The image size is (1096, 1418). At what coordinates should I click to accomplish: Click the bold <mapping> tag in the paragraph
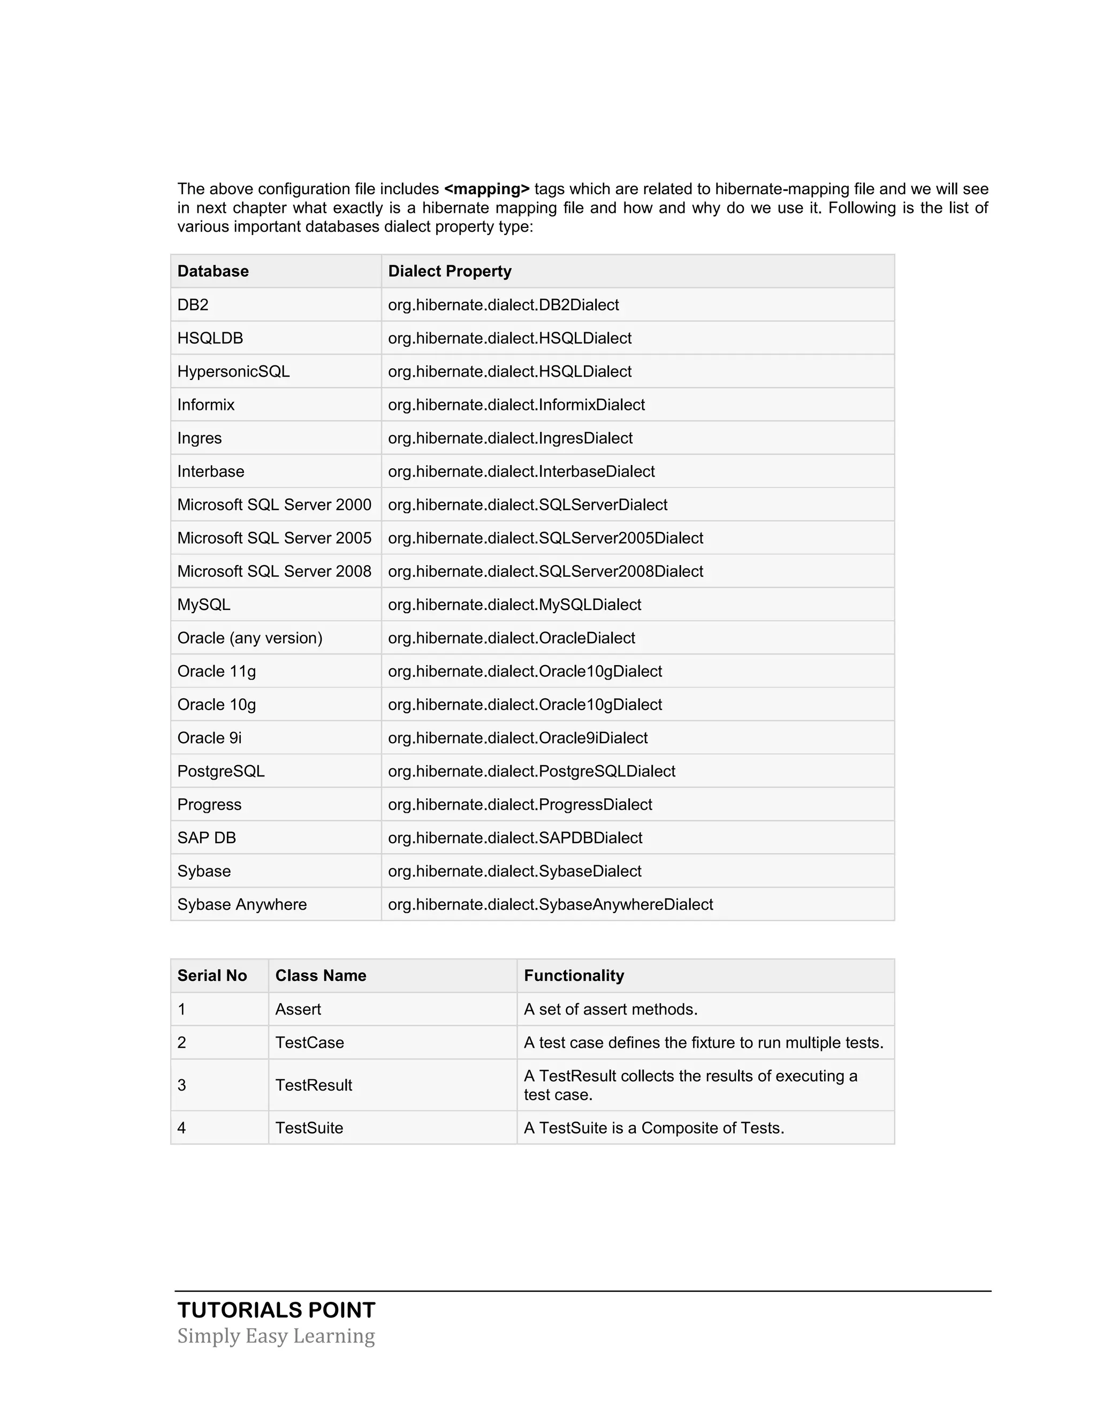coord(486,189)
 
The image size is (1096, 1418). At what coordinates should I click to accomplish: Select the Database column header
coord(213,271)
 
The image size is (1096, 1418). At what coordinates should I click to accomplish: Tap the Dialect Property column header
coord(450,271)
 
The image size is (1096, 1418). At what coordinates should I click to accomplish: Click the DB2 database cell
coord(193,304)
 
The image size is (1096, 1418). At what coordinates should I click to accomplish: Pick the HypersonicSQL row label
coord(233,371)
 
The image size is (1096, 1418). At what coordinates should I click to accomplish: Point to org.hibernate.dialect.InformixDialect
coord(516,405)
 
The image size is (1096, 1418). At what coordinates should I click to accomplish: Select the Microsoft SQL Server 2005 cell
coord(274,538)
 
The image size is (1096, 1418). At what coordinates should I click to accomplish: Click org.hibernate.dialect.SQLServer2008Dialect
coord(545,571)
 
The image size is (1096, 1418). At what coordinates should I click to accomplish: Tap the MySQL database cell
coord(204,605)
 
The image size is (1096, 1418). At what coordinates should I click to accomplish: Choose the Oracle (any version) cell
coord(250,638)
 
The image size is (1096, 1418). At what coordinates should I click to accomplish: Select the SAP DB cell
coord(207,837)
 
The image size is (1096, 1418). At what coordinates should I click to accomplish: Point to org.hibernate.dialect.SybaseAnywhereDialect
coord(550,904)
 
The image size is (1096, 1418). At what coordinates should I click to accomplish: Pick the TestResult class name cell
coord(314,1085)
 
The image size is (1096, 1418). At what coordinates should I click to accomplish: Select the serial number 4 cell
coord(182,1128)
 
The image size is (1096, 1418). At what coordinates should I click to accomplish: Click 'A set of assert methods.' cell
coord(610,1009)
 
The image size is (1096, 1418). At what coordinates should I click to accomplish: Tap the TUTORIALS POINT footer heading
coord(277,1310)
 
